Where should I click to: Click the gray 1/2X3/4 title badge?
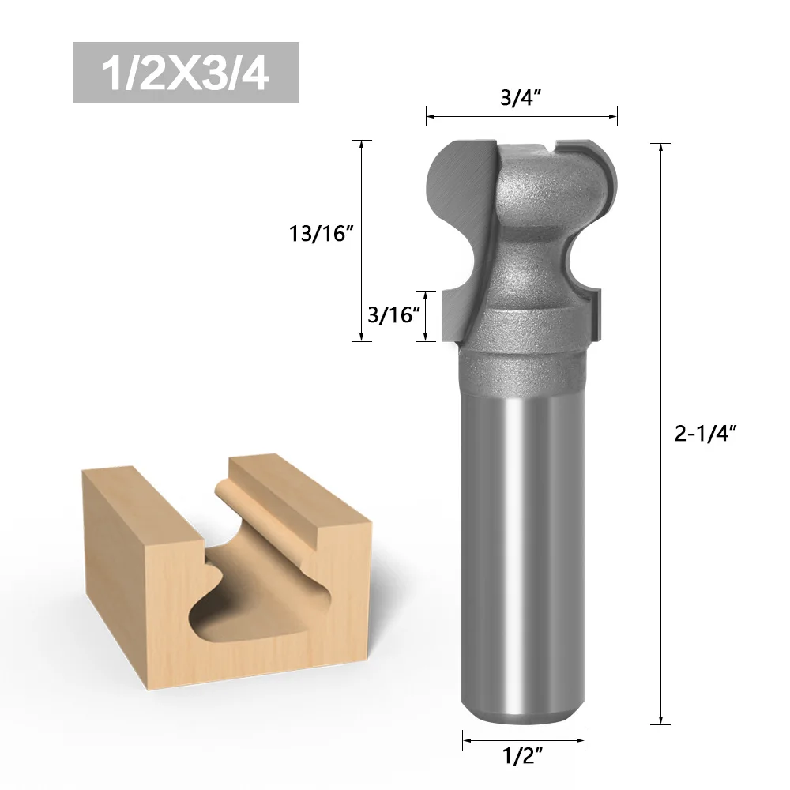tap(186, 72)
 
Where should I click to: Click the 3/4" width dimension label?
tap(521, 98)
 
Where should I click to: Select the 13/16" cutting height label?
tap(320, 235)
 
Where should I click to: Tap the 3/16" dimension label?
tap(393, 315)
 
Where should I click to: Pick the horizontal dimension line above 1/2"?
tap(524, 739)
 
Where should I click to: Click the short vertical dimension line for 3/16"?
tap(427, 316)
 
